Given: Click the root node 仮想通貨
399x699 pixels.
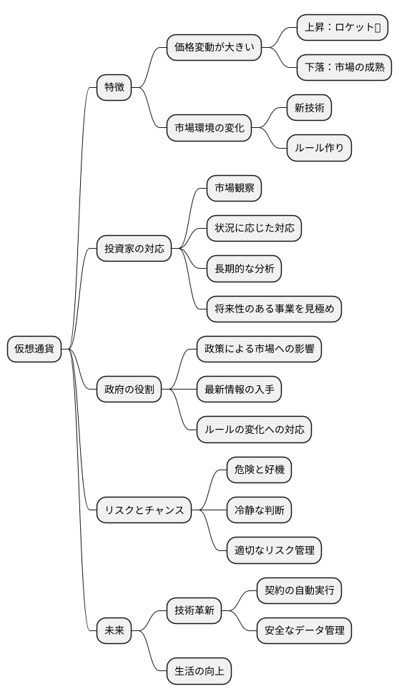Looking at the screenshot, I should (x=34, y=349).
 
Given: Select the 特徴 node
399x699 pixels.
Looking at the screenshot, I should (x=114, y=88).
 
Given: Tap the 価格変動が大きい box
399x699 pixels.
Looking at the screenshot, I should (x=213, y=48).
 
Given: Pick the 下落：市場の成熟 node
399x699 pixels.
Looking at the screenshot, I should (x=343, y=68).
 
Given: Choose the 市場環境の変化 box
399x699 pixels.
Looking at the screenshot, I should (x=209, y=129).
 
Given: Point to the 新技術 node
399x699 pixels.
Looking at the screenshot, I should (x=309, y=108).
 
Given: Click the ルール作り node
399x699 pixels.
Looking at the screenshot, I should (x=319, y=149).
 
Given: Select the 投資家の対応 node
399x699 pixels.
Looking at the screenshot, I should (x=134, y=249).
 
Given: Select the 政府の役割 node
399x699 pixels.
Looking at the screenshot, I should (x=129, y=390).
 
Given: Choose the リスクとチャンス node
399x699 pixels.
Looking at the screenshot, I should (x=144, y=510).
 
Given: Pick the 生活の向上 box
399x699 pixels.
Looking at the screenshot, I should (x=199, y=671).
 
